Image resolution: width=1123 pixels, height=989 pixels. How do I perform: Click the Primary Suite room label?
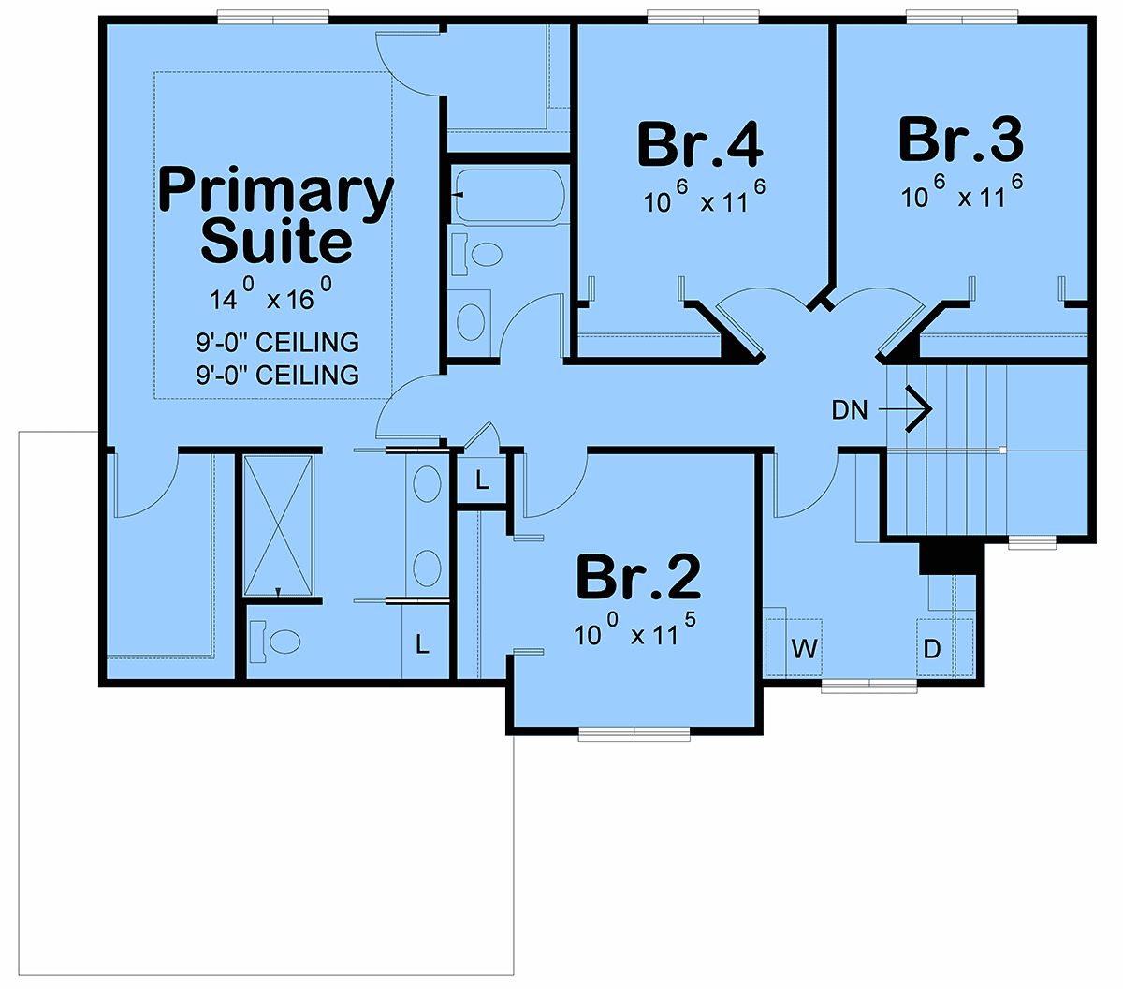click(276, 215)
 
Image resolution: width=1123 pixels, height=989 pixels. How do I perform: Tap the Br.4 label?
click(700, 145)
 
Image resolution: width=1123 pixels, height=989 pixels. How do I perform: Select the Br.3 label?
click(960, 140)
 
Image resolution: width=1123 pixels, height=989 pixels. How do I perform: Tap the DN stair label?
click(850, 410)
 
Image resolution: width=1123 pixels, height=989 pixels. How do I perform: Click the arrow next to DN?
click(905, 409)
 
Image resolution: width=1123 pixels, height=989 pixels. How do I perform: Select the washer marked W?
click(794, 647)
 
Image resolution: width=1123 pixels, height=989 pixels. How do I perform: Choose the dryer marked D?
click(944, 647)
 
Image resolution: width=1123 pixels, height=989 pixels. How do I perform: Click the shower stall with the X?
click(278, 525)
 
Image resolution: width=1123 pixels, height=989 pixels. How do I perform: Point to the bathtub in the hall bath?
click(510, 196)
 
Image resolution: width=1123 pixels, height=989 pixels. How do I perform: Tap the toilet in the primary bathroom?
click(275, 642)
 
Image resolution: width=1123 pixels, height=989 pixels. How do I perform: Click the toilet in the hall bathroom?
click(476, 254)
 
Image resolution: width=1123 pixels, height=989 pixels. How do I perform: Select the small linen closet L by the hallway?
click(482, 480)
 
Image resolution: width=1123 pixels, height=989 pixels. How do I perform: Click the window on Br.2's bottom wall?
click(634, 734)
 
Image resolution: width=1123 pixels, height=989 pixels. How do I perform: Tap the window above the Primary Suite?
click(272, 17)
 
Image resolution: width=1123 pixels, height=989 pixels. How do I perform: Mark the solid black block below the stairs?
click(948, 557)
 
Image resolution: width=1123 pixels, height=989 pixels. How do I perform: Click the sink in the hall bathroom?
click(471, 322)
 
